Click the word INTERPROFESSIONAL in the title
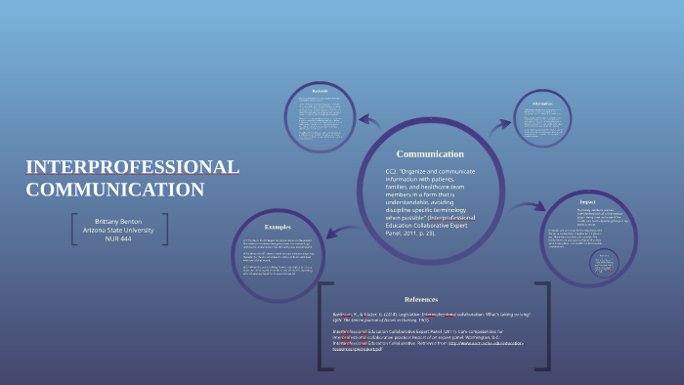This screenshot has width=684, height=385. click(132, 167)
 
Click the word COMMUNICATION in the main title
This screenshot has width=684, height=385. click(115, 190)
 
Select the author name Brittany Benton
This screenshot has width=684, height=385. click(118, 222)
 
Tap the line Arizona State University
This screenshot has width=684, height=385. click(118, 231)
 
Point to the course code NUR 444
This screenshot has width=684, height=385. click(118, 240)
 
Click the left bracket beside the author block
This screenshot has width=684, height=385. click(75, 231)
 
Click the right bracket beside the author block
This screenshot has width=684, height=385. click(165, 231)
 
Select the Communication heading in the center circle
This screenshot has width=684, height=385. click(429, 154)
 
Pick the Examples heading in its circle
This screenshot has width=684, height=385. click(278, 227)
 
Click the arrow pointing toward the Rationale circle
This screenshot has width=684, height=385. click(368, 121)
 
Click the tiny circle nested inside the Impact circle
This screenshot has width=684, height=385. click(603, 263)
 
